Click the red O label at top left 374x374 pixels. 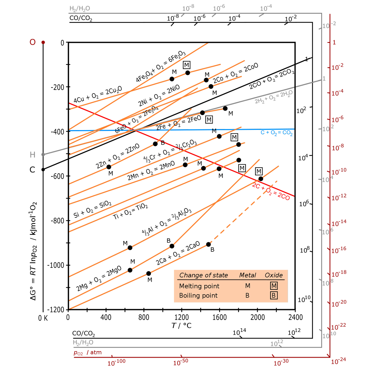pos(32,42)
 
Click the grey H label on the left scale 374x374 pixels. pos(32,155)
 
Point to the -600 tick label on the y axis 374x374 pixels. pos(57,176)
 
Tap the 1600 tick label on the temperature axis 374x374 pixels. pos(219,317)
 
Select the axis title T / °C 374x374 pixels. pos(182,326)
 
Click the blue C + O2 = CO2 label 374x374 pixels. pos(276,133)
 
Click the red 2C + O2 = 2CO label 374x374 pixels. pos(271,191)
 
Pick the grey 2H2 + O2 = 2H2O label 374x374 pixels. pos(274,97)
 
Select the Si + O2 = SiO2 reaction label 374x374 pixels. pos(92,209)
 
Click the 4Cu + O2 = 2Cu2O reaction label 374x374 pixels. pos(98,94)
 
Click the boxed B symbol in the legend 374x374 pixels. pos(274,296)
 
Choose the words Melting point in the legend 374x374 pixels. pos(199,286)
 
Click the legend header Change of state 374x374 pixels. pos(204,275)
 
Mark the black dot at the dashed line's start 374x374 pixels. pos(208,244)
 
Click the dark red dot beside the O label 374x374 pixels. pos(43,42)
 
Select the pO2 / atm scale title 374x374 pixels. pos(87,353)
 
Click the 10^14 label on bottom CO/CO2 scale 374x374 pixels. pos(240,332)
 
